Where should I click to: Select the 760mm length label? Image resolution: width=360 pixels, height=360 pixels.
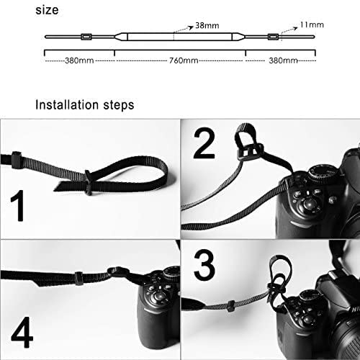click(179, 60)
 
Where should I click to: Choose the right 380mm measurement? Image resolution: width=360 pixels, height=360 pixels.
click(282, 60)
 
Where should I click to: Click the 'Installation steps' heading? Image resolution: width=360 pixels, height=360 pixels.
click(84, 105)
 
